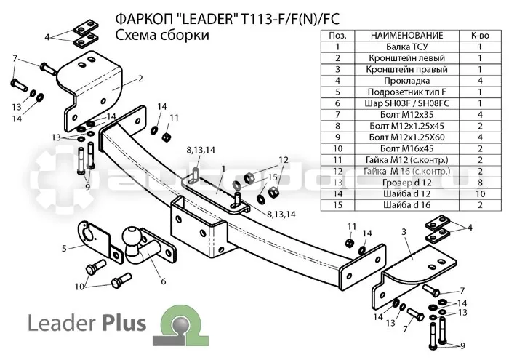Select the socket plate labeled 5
click(x=95, y=239)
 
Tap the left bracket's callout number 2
click(x=140, y=79)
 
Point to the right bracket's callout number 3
click(x=404, y=232)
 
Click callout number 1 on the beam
click(x=224, y=168)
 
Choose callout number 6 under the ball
click(x=164, y=281)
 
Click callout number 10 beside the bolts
click(x=79, y=287)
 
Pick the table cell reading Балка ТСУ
click(x=406, y=47)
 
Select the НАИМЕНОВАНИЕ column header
click(x=406, y=36)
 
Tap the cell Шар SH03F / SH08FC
click(x=406, y=103)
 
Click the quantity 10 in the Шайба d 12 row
click(x=480, y=193)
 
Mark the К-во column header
click(x=480, y=36)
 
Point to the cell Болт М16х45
click(x=406, y=148)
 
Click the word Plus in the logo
click(x=124, y=323)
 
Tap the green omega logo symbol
click(x=180, y=325)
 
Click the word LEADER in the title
click(x=206, y=19)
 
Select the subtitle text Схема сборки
click(x=162, y=35)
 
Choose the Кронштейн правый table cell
click(x=406, y=70)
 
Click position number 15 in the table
click(x=337, y=205)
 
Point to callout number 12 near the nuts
click(x=283, y=160)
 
